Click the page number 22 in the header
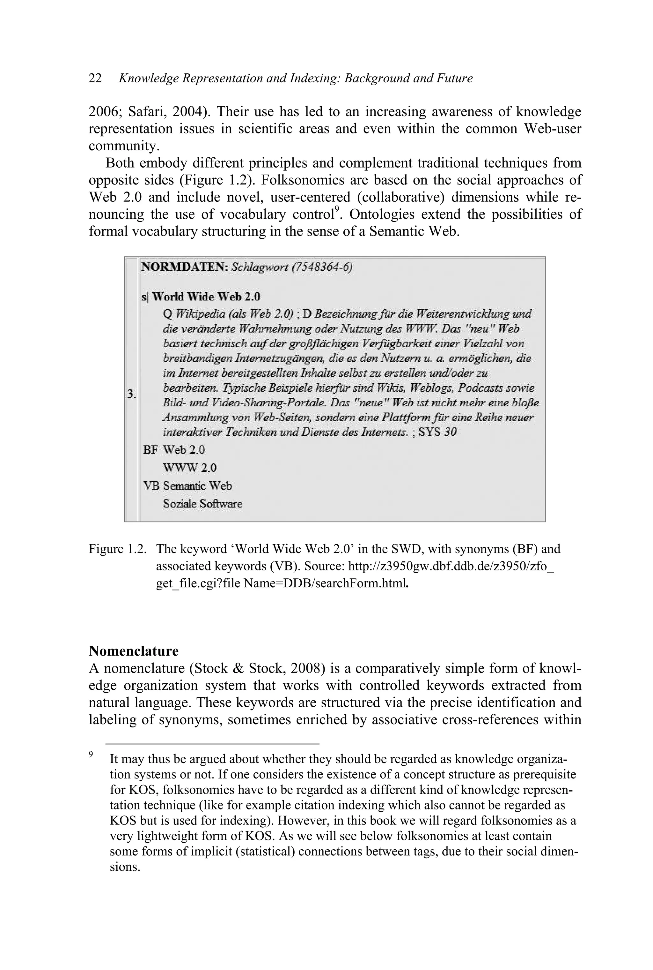tap(95, 79)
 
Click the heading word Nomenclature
tap(133, 651)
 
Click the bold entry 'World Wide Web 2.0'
tap(206, 297)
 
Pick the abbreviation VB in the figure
tap(151, 486)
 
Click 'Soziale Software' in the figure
tap(202, 504)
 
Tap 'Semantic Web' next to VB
tap(197, 486)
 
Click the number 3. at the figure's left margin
tap(132, 394)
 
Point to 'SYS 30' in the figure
tap(437, 432)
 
